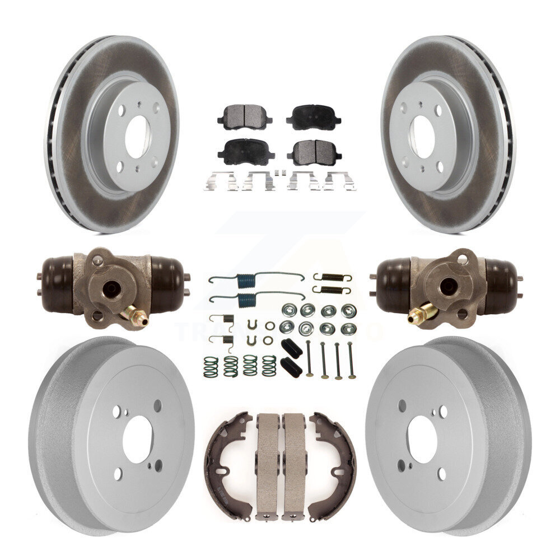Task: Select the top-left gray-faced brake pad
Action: (245, 116)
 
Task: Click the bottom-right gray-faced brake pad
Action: (314, 151)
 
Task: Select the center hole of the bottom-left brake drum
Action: (136, 440)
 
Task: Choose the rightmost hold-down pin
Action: (351, 358)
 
